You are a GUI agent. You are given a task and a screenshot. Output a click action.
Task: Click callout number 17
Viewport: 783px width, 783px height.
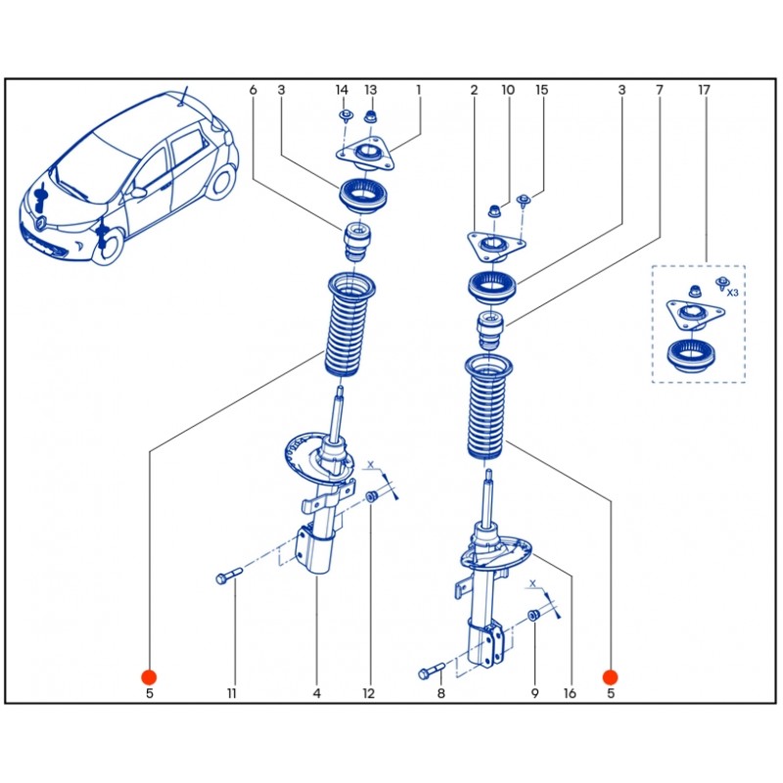(x=704, y=90)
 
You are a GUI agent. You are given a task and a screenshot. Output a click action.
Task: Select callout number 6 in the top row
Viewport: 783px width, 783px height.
(x=253, y=90)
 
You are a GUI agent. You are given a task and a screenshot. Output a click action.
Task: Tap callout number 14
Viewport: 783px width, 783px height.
(x=342, y=90)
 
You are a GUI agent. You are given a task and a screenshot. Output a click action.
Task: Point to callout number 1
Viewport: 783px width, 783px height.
(x=418, y=90)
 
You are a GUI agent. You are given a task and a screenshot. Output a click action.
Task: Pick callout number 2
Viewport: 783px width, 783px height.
(x=474, y=90)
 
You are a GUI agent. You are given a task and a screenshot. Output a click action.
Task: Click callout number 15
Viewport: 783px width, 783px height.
(x=541, y=90)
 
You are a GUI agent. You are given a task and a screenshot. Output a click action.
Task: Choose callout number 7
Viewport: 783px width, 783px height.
(x=660, y=90)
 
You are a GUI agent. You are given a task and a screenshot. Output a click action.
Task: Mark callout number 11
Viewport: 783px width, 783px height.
(x=232, y=694)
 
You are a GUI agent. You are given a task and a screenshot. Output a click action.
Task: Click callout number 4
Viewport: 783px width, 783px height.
(x=317, y=694)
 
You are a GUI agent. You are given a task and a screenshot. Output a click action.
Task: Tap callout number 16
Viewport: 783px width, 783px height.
(x=570, y=694)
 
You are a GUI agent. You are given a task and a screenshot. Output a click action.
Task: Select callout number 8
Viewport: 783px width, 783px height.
(x=440, y=694)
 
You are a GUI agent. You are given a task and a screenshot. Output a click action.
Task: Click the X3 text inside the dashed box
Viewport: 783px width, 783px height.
(x=732, y=292)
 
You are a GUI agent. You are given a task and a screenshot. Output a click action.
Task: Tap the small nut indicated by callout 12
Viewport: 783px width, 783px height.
(x=372, y=499)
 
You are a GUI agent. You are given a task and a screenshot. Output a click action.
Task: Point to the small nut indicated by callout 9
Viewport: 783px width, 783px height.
(x=534, y=615)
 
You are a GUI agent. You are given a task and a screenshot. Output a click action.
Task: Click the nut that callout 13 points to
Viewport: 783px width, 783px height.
(x=371, y=118)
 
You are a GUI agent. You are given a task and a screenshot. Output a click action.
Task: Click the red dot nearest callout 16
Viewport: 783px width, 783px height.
(x=610, y=676)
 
